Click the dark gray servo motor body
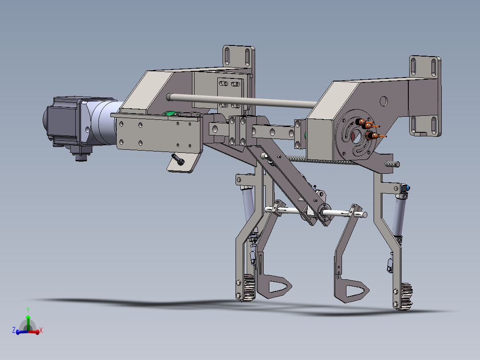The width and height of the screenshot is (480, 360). click(62, 120)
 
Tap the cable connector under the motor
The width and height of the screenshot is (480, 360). click(81, 156)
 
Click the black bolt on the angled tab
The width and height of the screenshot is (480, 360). click(179, 160)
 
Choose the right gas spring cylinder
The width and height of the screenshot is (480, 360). click(399, 214)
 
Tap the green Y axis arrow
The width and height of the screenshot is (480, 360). click(28, 317)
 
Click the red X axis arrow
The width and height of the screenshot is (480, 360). click(37, 331)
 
